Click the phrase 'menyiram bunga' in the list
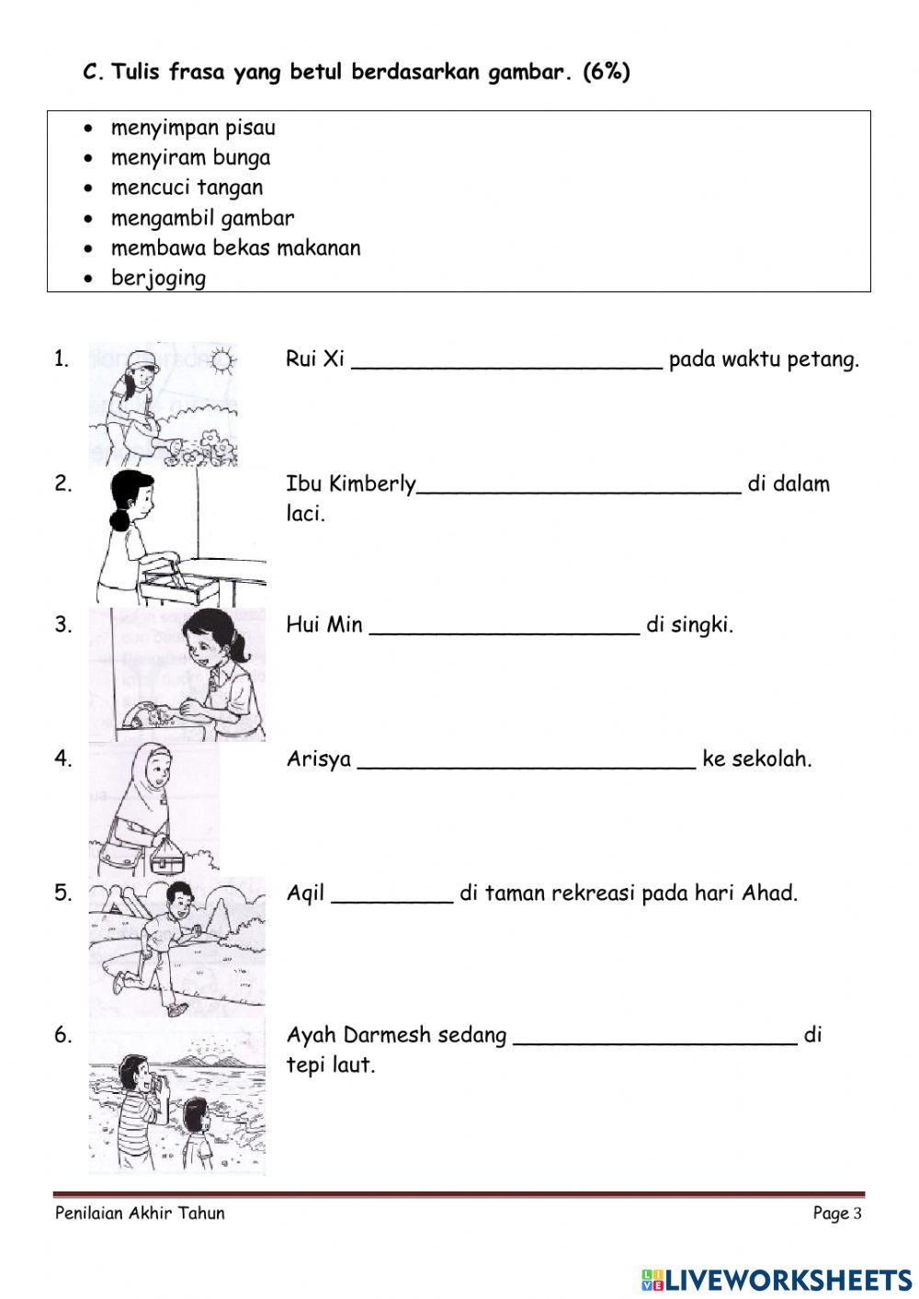(x=190, y=158)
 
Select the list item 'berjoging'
(x=158, y=278)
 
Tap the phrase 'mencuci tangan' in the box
(x=187, y=188)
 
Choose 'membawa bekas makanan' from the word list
(x=235, y=248)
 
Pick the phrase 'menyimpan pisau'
(x=193, y=128)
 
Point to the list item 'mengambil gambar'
(x=202, y=219)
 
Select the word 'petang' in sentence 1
(x=823, y=359)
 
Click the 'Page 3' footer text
(x=836, y=1214)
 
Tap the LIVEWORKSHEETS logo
(x=776, y=1280)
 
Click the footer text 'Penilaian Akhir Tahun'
(x=140, y=1214)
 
